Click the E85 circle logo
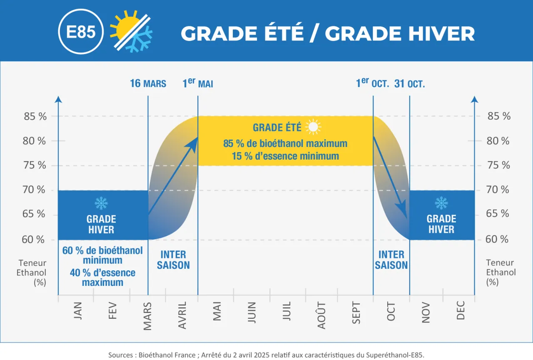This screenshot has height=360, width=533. pyautogui.click(x=81, y=32)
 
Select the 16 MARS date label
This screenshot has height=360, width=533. pyautogui.click(x=148, y=83)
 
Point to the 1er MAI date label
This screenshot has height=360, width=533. pyautogui.click(x=198, y=83)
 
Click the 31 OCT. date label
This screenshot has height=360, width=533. pyautogui.click(x=410, y=83)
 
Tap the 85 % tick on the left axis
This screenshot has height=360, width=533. pyautogui.click(x=35, y=116)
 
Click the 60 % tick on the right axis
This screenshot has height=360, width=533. pyautogui.click(x=497, y=239)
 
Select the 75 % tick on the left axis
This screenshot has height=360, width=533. pyautogui.click(x=35, y=165)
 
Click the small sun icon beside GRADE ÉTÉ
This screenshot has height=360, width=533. pyautogui.click(x=313, y=127)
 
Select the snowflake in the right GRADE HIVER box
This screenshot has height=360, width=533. pyautogui.click(x=441, y=203)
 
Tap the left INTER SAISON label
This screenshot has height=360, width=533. pyautogui.click(x=173, y=260)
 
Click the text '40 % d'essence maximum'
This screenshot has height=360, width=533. pyautogui.click(x=102, y=277)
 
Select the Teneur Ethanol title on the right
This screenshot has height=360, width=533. pyautogui.click(x=500, y=272)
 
